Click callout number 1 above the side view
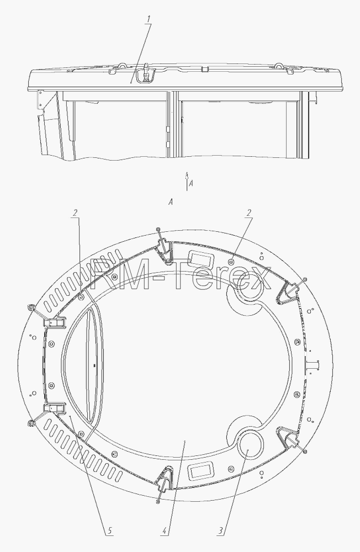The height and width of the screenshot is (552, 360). (x=149, y=19)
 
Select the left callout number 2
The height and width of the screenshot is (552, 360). (x=75, y=213)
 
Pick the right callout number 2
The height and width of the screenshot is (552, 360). (x=248, y=213)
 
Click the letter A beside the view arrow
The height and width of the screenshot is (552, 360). (x=191, y=183)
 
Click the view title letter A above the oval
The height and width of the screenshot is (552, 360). (x=171, y=202)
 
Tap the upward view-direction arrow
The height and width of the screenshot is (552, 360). (x=187, y=181)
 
